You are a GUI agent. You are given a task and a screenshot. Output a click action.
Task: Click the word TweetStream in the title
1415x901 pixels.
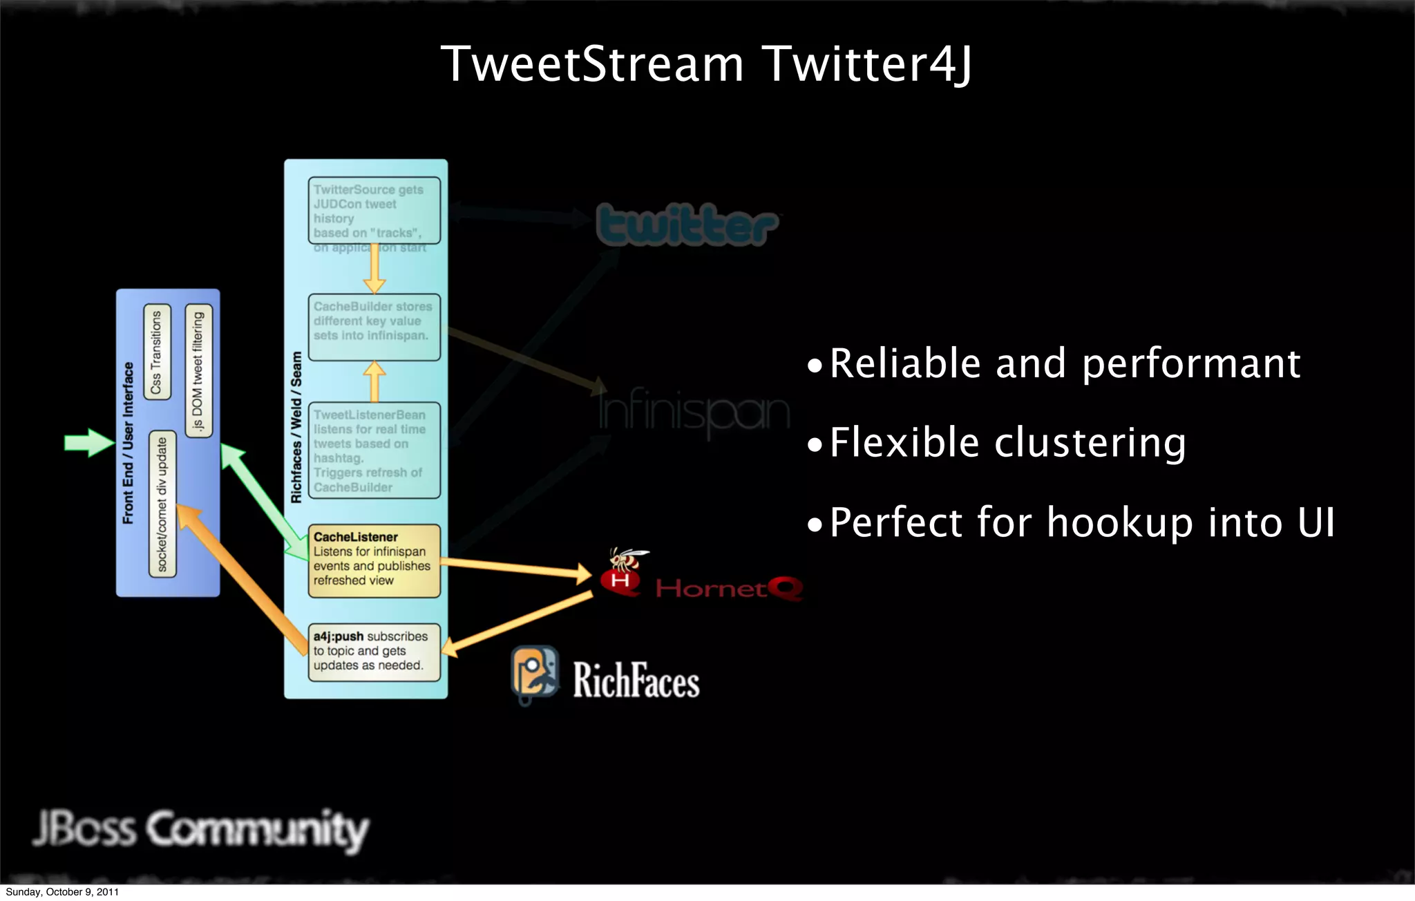click(x=592, y=64)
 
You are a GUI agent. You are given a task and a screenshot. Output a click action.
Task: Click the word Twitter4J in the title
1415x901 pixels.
click(x=868, y=64)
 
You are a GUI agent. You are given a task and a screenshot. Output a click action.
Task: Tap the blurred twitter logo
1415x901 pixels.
click(x=687, y=224)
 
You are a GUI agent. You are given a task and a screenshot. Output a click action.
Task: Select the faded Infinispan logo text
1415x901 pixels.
click(x=693, y=412)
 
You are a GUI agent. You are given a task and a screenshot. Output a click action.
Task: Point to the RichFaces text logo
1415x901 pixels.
click(x=636, y=681)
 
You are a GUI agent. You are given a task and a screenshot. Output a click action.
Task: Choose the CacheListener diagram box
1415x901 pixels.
click(x=374, y=560)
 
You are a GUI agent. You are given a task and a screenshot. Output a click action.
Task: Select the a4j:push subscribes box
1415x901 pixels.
click(x=374, y=652)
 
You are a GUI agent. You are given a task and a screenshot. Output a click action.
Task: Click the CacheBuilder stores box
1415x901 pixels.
click(x=374, y=327)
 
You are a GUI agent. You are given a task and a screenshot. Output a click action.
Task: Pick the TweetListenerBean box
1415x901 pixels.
click(x=374, y=450)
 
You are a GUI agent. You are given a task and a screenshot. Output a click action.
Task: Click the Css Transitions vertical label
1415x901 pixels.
click(x=157, y=352)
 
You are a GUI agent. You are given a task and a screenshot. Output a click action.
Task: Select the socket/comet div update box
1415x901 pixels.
click(x=162, y=505)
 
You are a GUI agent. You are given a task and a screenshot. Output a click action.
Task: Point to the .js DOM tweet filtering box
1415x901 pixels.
click(x=199, y=371)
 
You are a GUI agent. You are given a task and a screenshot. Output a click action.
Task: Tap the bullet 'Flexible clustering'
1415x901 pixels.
click(x=1007, y=443)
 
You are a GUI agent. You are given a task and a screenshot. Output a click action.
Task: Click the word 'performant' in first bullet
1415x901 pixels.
click(x=1190, y=364)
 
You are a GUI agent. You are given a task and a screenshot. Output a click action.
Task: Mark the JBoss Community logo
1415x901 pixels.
click(x=200, y=829)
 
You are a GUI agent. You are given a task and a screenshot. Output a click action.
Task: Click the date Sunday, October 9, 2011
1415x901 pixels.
click(x=62, y=892)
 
